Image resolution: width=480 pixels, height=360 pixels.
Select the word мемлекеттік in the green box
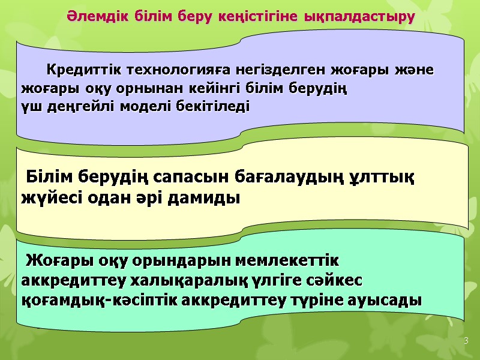[x=290, y=262]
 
